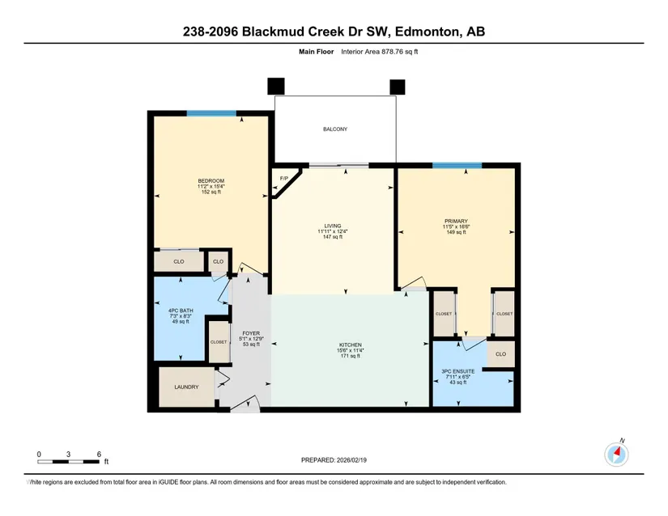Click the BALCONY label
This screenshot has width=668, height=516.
(x=335, y=129)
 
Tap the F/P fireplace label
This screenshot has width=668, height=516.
(x=283, y=178)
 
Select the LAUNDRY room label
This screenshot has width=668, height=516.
(x=186, y=387)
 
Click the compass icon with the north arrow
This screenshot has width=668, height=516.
(x=616, y=454)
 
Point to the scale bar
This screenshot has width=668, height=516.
(x=68, y=462)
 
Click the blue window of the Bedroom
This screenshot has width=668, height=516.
(x=211, y=113)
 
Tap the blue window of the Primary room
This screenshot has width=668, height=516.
(x=457, y=166)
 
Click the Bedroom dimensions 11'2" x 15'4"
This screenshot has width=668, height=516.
(x=211, y=186)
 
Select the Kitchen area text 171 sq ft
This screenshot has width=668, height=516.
(x=350, y=356)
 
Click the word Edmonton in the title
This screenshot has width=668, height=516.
(x=428, y=32)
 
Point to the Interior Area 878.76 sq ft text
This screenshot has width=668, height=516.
(x=379, y=52)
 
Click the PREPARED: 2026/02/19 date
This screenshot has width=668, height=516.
(x=334, y=460)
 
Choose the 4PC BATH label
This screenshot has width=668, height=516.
(x=181, y=311)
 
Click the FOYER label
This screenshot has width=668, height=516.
(x=251, y=333)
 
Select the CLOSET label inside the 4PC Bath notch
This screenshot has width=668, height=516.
(x=219, y=342)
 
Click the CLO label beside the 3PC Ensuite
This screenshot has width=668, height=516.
(x=500, y=354)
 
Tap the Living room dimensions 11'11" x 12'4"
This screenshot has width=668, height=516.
(x=333, y=231)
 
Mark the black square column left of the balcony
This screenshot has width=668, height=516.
(x=275, y=87)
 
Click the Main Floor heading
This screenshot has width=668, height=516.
(x=316, y=52)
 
